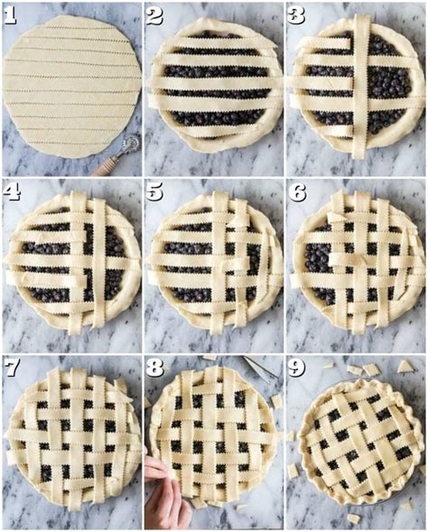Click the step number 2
(x=154, y=15)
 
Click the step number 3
(x=297, y=15)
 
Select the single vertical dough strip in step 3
(x=360, y=86)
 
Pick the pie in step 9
(x=359, y=443)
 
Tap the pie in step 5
(x=214, y=260)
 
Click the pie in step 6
(x=357, y=260)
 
